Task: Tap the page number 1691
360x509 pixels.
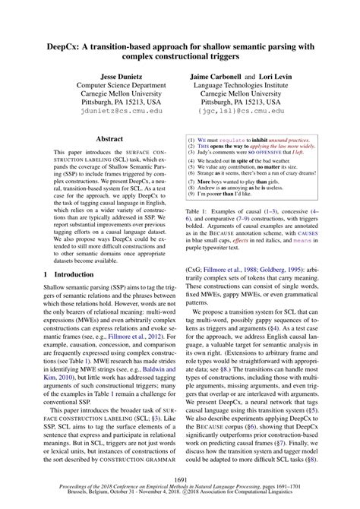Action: [x=180, y=480]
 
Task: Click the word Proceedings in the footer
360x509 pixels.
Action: [x=58, y=491]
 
